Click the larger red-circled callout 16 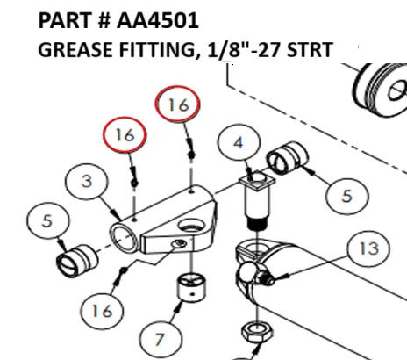179,105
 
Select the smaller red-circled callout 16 125,136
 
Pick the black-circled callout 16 104,310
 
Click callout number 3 87,181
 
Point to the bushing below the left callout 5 75,260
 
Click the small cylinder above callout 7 191,286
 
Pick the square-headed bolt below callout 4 254,202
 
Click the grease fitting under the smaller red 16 133,176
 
